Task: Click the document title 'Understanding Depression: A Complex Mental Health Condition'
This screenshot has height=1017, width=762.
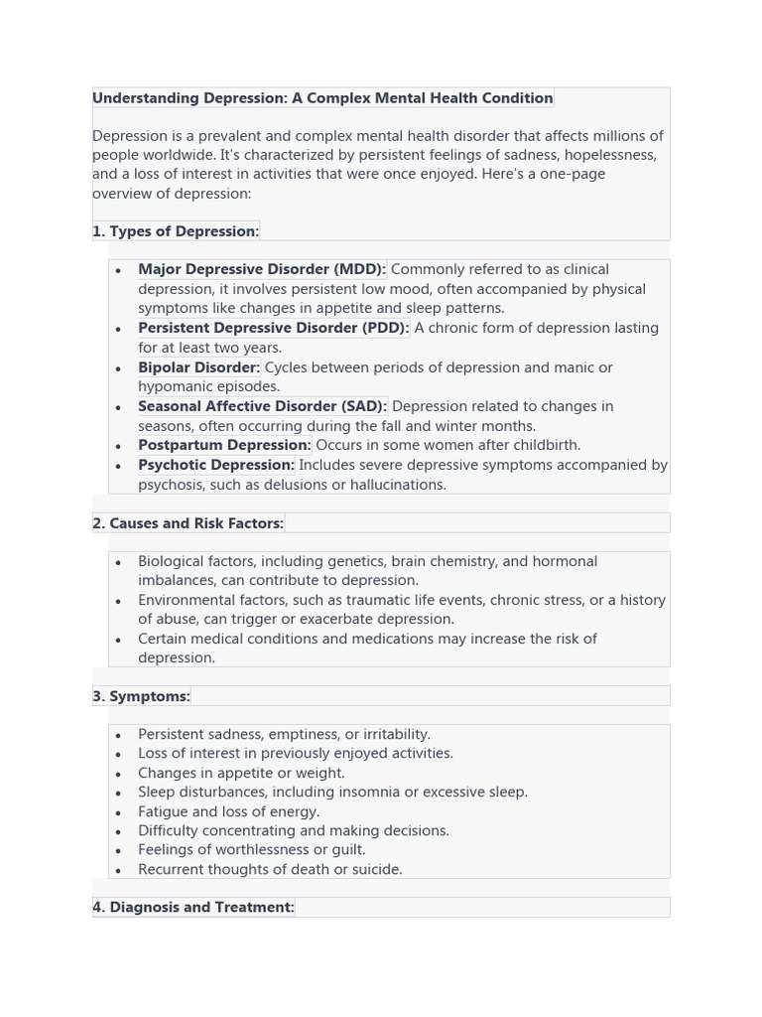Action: point(322,98)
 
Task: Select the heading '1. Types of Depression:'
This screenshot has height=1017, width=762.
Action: point(176,231)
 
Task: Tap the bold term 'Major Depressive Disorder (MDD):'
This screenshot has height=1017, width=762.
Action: point(262,269)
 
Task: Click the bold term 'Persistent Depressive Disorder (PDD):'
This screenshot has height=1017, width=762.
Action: point(273,328)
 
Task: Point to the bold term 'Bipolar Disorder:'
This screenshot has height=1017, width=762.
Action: point(198,367)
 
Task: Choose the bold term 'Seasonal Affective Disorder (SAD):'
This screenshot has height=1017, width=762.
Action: point(262,406)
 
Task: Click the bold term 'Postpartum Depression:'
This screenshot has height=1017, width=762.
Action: point(224,445)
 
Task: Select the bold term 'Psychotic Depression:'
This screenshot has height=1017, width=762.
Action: point(216,465)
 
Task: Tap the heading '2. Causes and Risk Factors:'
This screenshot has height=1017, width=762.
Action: point(188,523)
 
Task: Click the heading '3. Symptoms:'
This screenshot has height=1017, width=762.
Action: point(141,696)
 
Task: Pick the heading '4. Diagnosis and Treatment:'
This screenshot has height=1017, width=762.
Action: point(193,908)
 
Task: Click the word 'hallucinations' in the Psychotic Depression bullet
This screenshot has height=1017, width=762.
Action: point(395,485)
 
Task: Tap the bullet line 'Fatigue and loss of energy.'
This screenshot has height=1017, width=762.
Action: point(228,811)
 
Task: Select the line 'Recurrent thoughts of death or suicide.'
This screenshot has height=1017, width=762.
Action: point(270,870)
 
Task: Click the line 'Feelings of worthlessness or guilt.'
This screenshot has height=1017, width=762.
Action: point(251,850)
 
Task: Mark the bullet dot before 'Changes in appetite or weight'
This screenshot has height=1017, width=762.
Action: point(118,774)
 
